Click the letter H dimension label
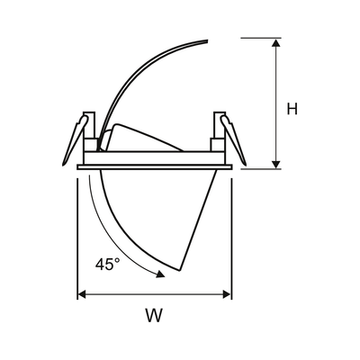292,109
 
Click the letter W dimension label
155,315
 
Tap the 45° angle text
108,265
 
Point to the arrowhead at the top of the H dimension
276,42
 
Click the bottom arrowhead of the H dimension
276,165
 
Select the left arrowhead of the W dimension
82,294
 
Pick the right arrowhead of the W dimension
227,294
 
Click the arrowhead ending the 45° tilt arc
160,274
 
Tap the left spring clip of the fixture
75,140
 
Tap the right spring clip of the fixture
233,140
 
